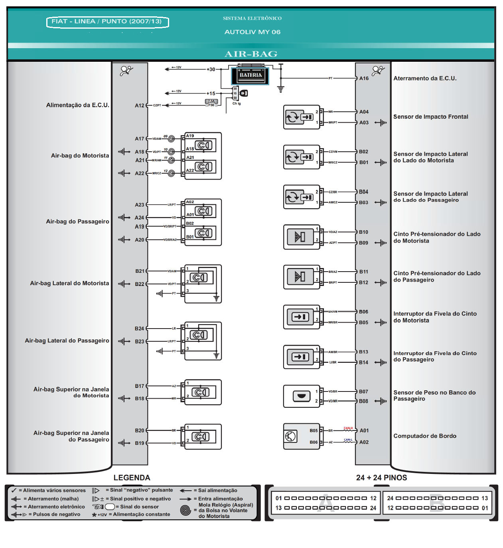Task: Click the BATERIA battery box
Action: coord(251,75)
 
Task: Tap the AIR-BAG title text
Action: coord(251,54)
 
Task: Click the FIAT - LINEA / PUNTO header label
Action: coord(107,22)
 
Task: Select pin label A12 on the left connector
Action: coord(140,106)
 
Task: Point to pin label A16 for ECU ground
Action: coord(364,78)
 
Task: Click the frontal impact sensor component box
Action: coord(301,117)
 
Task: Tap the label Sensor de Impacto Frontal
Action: coord(430,117)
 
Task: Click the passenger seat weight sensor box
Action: coord(301,396)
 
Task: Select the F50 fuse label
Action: coord(211,105)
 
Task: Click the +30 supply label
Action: coord(211,69)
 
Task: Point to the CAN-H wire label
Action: coord(348,428)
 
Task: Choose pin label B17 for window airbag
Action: coord(140,386)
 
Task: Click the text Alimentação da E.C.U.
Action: coord(77,105)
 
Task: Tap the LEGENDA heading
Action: coord(132,478)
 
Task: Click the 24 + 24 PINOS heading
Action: coord(381,478)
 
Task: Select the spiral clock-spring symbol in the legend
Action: coord(185,510)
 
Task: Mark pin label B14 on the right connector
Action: coord(363,362)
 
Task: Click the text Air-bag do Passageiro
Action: coord(77,221)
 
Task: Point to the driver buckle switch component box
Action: coord(301,317)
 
